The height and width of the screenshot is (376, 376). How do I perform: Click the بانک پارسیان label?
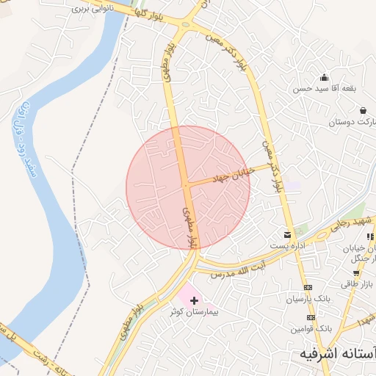(x=308, y=299)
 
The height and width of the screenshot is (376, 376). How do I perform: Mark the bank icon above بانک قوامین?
(x=308, y=317)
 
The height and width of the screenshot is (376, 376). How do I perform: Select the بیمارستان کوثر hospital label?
(x=195, y=311)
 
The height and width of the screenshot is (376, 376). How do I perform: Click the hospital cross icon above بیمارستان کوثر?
(x=194, y=300)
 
